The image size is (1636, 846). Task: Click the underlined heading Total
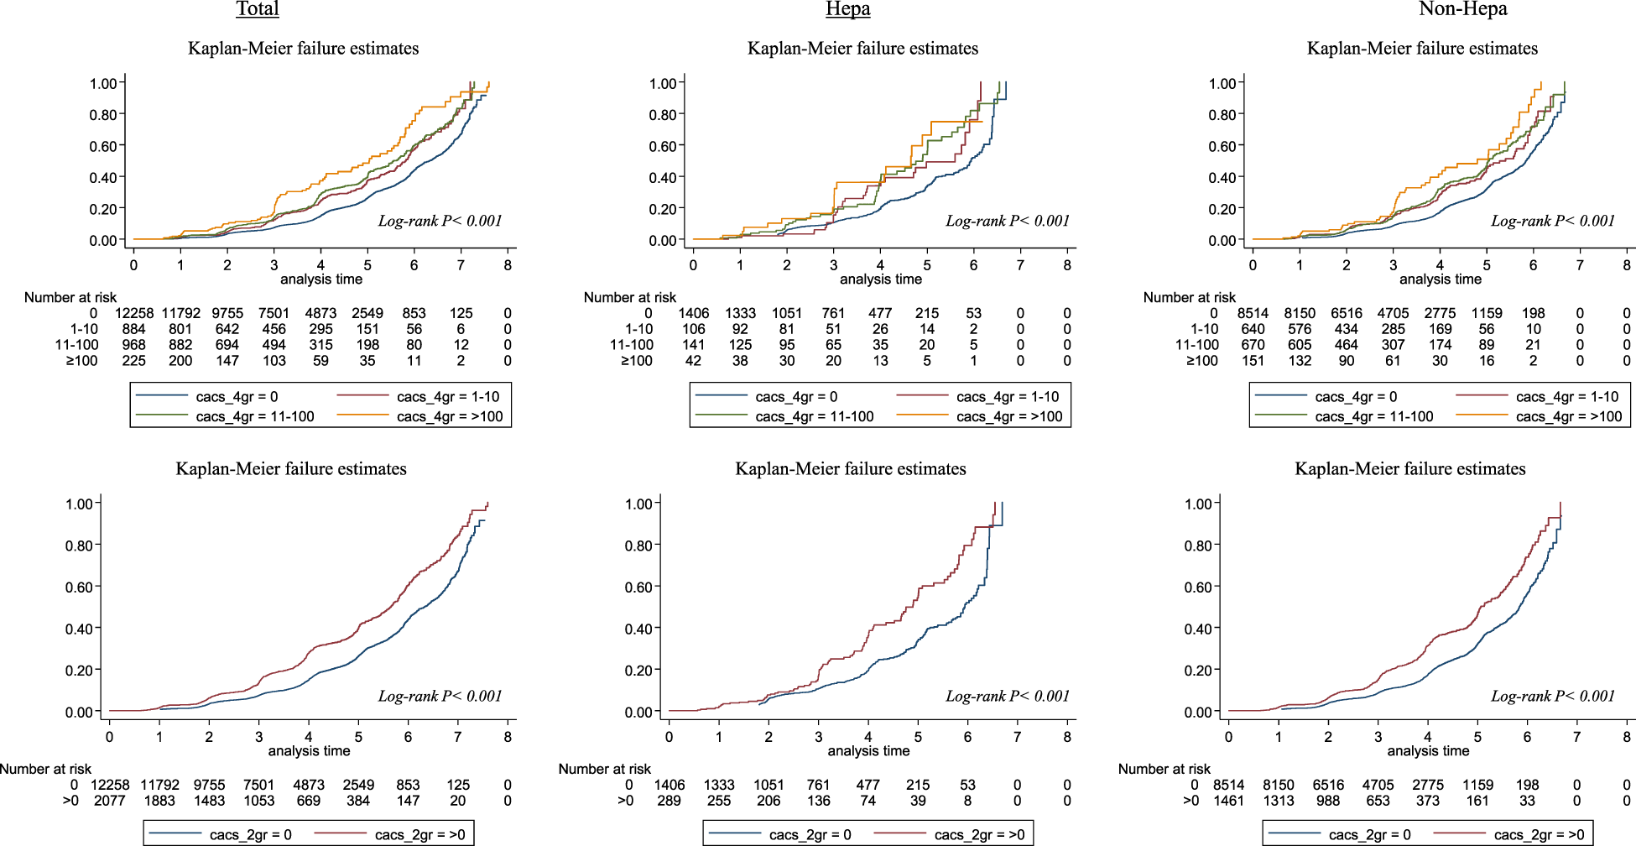coord(258,9)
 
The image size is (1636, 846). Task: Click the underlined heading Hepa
coord(847,9)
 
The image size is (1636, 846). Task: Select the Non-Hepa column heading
coord(1462,9)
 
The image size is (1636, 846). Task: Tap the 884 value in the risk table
coord(133,329)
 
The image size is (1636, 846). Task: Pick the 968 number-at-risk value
coord(133,345)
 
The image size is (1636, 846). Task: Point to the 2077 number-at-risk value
coord(110,801)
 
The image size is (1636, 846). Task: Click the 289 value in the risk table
coord(670,801)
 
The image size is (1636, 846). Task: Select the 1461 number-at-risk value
coord(1229,801)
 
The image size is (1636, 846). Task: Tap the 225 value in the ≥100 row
coord(133,361)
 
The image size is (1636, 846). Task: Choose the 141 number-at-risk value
coord(693,345)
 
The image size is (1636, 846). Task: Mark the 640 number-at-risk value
coord(1253,329)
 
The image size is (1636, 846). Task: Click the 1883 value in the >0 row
coord(159,801)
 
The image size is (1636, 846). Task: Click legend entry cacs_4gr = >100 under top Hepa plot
coord(1009,416)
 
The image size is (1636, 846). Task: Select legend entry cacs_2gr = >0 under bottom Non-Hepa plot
coord(1539,834)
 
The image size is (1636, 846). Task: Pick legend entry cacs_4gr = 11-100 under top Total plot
coord(255,416)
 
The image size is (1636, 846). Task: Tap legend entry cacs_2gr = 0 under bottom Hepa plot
coord(810,834)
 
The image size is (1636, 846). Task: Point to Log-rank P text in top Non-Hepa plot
coord(1552,221)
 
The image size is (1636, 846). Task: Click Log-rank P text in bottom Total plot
coord(440,696)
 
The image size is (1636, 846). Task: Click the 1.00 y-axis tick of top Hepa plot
coord(662,83)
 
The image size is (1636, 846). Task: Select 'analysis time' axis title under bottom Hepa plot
coord(868,750)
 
